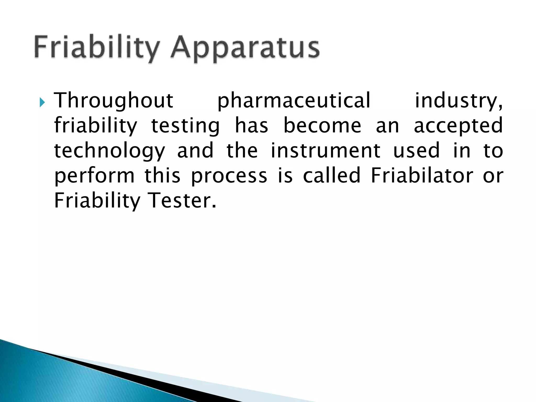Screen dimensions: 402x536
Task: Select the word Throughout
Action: coord(114,100)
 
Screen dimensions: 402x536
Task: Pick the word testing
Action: coord(186,126)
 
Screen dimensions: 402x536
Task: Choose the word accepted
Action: coord(458,126)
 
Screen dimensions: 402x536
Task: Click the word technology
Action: coord(109,151)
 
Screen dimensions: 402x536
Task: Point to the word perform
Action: coord(94,176)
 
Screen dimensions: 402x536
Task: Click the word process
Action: coord(229,176)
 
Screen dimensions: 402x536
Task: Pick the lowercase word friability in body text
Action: coord(96,126)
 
